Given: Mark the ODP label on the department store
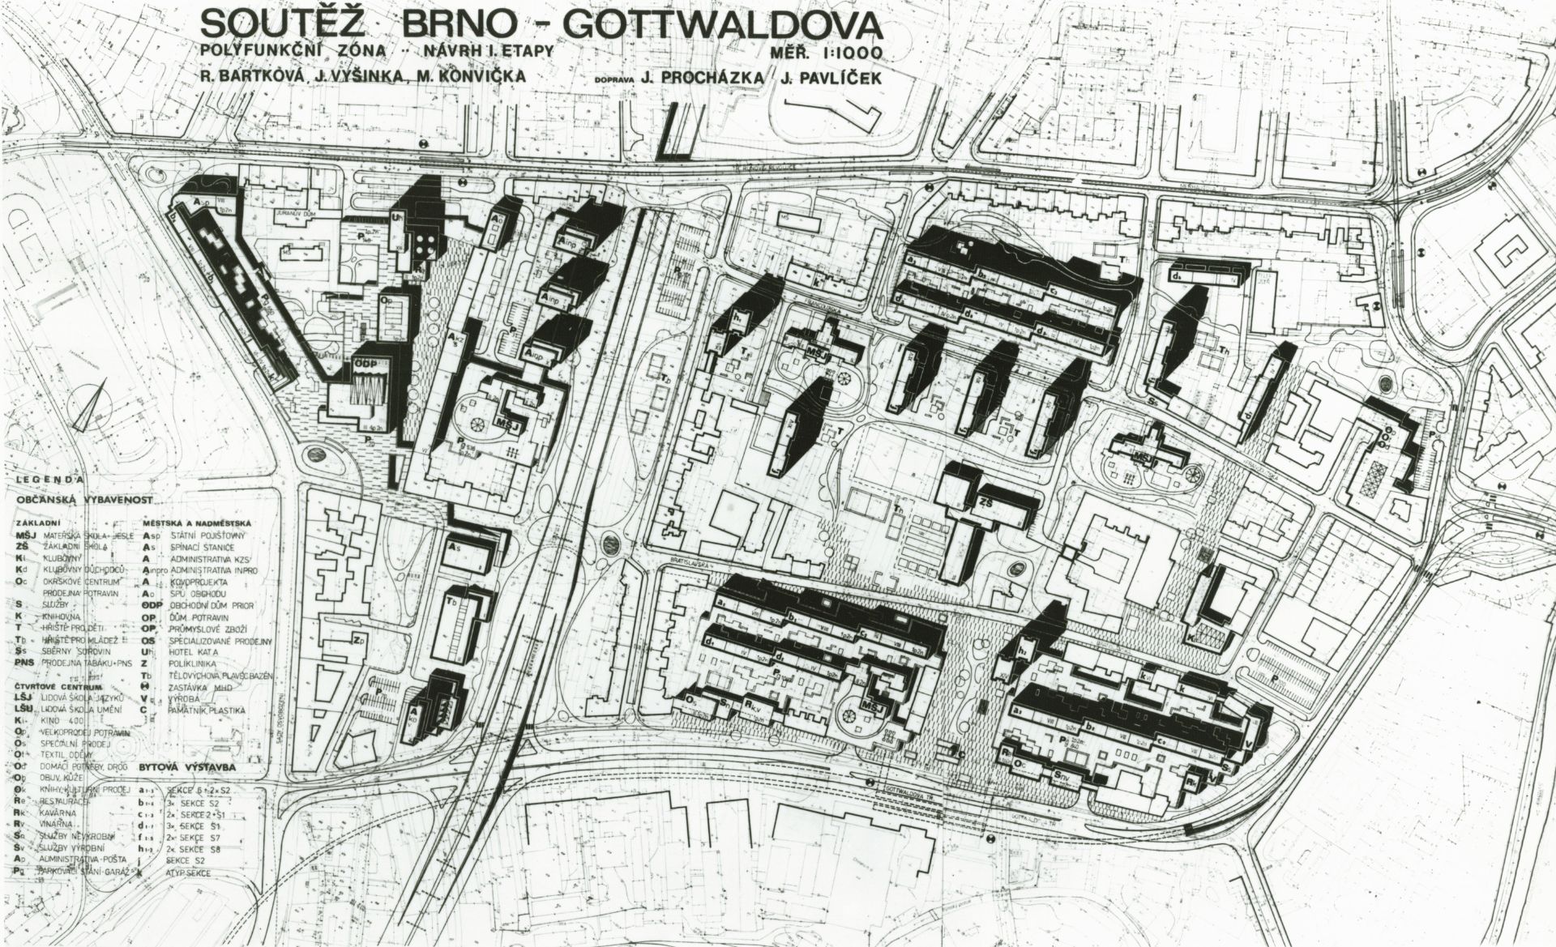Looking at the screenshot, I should [x=368, y=365].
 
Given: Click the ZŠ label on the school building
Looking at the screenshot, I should [x=987, y=504].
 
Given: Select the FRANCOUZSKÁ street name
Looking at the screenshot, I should [x=834, y=309].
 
